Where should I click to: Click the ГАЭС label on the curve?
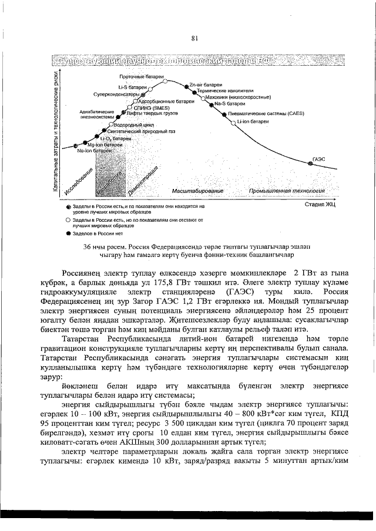[319, 158]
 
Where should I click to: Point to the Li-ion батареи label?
[253, 121]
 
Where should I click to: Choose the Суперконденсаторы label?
[115, 94]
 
